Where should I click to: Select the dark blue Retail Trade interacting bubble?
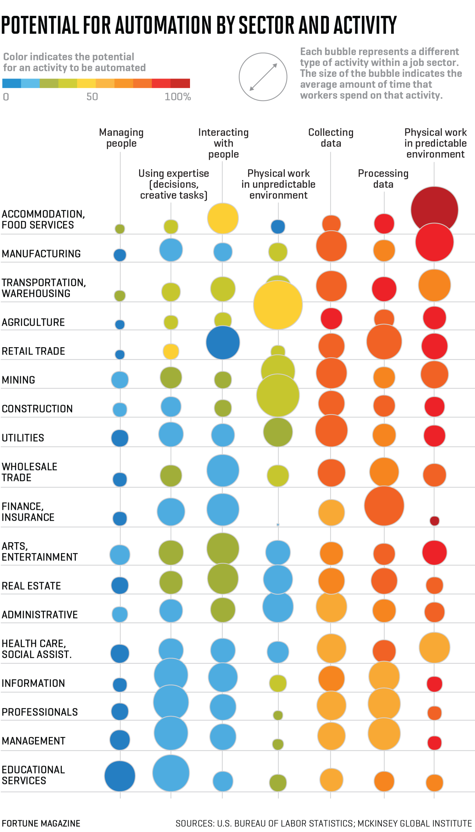223,343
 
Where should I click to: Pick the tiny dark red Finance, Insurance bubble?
434,521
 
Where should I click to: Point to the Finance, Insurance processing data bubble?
384,506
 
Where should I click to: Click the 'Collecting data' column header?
331,138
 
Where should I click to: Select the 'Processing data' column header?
383,179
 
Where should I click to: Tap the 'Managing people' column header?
121,138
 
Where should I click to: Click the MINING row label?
18,380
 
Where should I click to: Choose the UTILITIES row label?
23,438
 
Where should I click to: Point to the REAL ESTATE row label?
31,586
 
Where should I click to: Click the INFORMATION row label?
33,683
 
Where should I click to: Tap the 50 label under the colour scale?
92,97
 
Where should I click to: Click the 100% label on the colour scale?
178,97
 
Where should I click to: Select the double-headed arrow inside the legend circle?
263,77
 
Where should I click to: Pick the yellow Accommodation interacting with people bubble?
223,218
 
